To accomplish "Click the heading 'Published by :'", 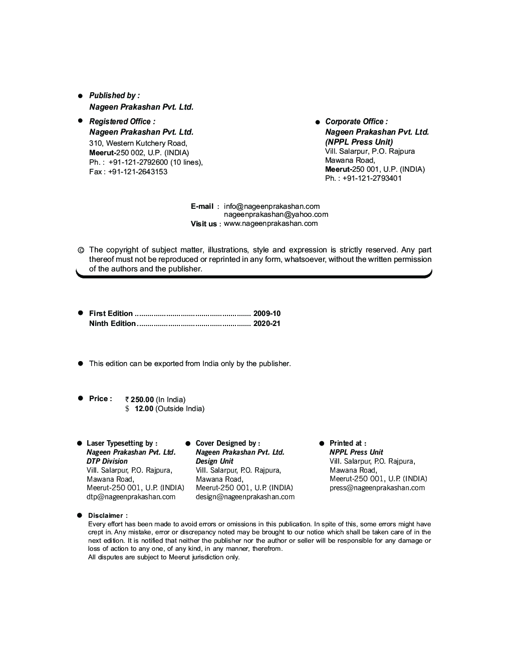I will pyautogui.click(x=114, y=95).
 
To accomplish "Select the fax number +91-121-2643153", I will pyautogui.click(x=137, y=172).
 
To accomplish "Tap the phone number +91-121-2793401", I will pyautogui.click(x=372, y=178).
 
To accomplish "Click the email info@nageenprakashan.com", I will pyautogui.click(x=272, y=206).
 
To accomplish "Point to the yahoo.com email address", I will pyautogui.click(x=276, y=215).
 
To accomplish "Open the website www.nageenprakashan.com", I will pyautogui.click(x=271, y=223).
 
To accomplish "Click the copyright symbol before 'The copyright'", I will pyautogui.click(x=80, y=250).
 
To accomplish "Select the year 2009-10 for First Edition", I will pyautogui.click(x=267, y=313).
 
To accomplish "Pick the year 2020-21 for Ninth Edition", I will pyautogui.click(x=267, y=323).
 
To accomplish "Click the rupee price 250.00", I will pyautogui.click(x=142, y=400).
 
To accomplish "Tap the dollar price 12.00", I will pyautogui.click(x=144, y=409).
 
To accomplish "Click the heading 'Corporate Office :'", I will pyautogui.click(x=356, y=122).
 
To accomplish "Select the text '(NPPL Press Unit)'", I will pyautogui.click(x=359, y=142).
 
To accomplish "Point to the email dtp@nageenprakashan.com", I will pyautogui.click(x=131, y=497).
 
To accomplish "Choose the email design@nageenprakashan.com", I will pyautogui.click(x=245, y=497).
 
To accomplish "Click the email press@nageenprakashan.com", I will pyautogui.click(x=377, y=488).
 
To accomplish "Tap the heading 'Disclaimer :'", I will pyautogui.click(x=108, y=515).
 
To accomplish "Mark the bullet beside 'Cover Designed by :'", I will pyautogui.click(x=188, y=444).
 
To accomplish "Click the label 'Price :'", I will pyautogui.click(x=100, y=399).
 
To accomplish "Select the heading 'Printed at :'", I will pyautogui.click(x=348, y=443).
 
